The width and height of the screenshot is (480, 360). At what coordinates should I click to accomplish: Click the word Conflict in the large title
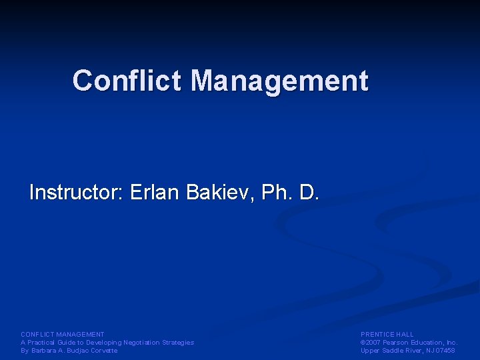(127, 81)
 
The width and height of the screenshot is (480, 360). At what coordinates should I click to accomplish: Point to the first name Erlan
(155, 193)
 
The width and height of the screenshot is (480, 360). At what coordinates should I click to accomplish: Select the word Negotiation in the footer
(141, 343)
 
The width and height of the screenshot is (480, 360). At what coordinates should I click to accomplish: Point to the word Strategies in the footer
(178, 343)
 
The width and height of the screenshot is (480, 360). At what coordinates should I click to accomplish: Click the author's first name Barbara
(44, 351)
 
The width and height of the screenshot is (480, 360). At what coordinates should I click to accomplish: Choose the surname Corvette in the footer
(103, 351)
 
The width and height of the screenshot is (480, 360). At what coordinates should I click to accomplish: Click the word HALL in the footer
(405, 335)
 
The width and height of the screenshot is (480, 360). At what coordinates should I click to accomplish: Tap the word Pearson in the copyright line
(399, 343)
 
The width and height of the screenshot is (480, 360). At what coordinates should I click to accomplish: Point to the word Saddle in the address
(391, 351)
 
